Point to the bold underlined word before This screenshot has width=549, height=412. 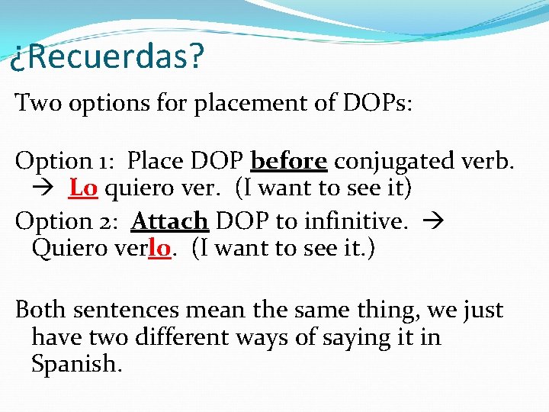click(289, 161)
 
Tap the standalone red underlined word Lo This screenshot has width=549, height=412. click(82, 187)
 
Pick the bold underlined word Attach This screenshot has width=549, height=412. click(170, 220)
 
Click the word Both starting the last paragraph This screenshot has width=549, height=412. click(39, 310)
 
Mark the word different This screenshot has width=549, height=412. click(202, 336)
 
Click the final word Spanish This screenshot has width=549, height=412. click(75, 363)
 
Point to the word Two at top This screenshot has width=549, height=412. click(36, 102)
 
